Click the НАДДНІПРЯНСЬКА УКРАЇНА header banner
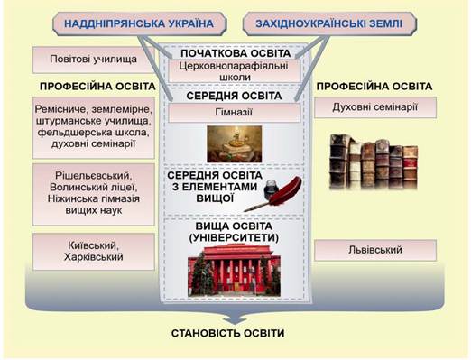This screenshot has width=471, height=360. click(x=140, y=24)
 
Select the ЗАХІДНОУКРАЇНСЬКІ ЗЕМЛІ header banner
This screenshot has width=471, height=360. click(x=329, y=24)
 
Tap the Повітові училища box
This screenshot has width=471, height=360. click(x=94, y=60)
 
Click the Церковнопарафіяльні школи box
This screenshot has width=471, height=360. click(x=234, y=71)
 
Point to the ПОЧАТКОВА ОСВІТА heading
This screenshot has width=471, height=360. click(x=235, y=53)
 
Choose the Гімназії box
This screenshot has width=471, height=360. click(x=234, y=113)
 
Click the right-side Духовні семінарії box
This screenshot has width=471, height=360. click(x=375, y=107)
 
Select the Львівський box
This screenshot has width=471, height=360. click(x=375, y=250)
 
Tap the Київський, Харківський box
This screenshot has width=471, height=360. click(x=94, y=252)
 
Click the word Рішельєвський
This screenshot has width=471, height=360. click(x=94, y=176)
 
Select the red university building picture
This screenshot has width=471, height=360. click(x=234, y=270)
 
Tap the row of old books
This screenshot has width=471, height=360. click(x=374, y=162)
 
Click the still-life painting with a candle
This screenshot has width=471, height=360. click(x=235, y=144)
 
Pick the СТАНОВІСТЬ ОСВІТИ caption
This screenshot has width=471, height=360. click(x=227, y=334)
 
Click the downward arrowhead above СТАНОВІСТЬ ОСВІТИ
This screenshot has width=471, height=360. click(x=235, y=320)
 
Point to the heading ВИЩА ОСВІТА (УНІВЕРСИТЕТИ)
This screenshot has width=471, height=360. click(x=234, y=232)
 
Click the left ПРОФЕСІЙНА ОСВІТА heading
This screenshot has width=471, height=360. click(x=97, y=87)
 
